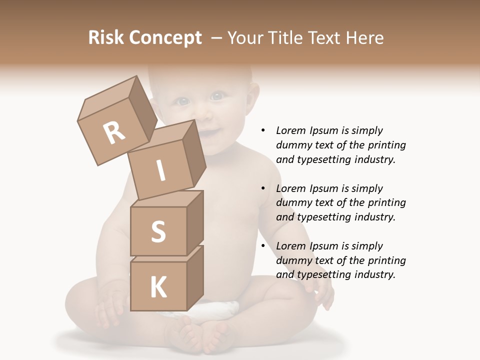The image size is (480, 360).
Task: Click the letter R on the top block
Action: coord(114,133)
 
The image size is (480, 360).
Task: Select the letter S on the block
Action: coord(158,231)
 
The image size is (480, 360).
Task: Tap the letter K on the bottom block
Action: coord(158,287)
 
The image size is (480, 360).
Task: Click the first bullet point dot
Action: coord(263,130)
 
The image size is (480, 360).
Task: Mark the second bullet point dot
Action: coord(263,188)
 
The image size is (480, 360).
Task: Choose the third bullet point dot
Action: coord(263,246)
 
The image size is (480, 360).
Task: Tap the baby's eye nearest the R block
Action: coord(183,102)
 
